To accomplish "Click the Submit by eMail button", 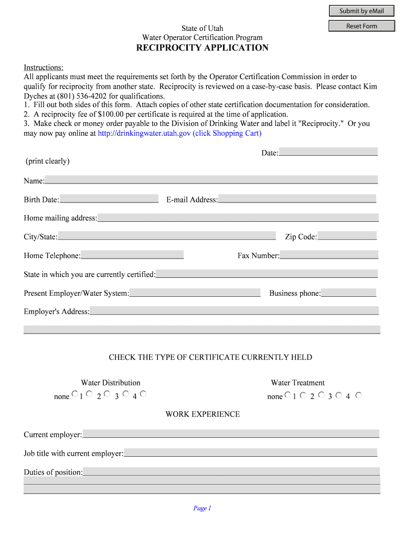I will tap(361, 11).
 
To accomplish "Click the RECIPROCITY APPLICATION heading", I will tap(202, 48).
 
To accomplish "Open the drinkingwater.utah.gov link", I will tap(179, 133).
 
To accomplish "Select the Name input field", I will tap(211, 180).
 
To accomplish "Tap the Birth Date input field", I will tap(109, 199).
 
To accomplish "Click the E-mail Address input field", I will tap(297, 199).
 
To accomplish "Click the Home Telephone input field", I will tap(132, 255).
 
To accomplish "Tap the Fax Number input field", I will tap(329, 255).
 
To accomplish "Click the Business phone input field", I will tap(348, 293).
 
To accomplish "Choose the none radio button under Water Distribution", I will tap(75, 394).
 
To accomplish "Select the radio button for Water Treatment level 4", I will tap(358, 395).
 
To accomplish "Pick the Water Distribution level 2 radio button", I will tap(107, 394).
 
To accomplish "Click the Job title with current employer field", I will tap(250, 453).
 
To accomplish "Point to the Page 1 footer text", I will tap(202, 508).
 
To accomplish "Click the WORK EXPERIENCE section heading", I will tap(203, 414).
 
